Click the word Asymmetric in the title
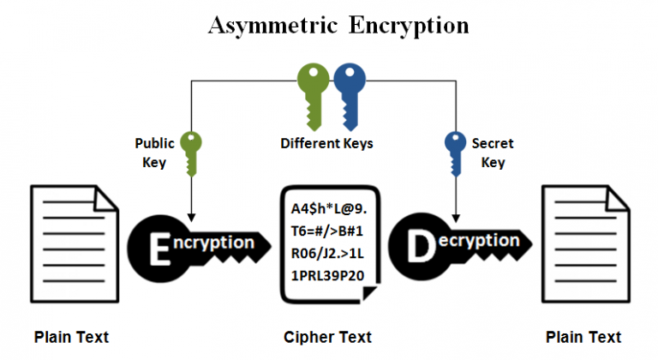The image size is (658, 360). [x=273, y=25]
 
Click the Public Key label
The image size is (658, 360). [x=154, y=153]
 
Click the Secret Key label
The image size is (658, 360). [x=493, y=153]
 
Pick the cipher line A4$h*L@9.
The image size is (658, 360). [x=329, y=208]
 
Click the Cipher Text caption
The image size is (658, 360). [x=328, y=336]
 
